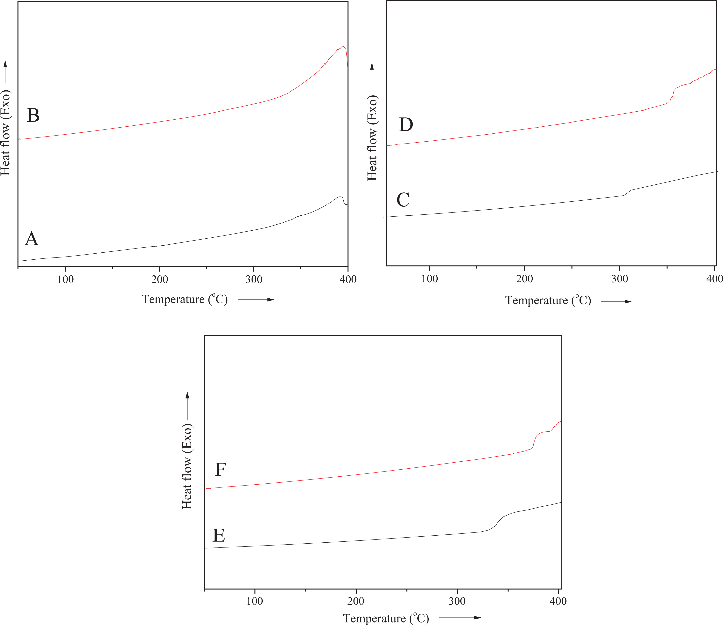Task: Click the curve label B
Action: click(33, 115)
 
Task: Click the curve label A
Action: click(32, 239)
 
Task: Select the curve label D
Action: click(406, 125)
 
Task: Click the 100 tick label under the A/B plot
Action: click(66, 279)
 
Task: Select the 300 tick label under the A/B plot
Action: click(254, 279)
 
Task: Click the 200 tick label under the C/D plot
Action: click(524, 279)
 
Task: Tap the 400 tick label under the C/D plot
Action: click(714, 279)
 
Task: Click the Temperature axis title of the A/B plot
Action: click(185, 299)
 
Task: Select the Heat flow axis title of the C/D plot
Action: click(372, 138)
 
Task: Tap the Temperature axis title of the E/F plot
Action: click(386, 618)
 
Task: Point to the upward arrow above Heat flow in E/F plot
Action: click(187, 405)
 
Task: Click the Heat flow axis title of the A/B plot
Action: click(5, 133)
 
